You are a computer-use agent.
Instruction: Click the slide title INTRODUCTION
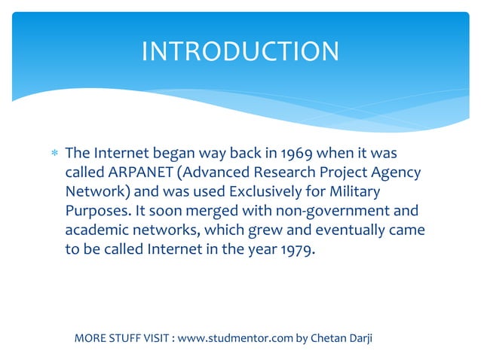click(x=240, y=51)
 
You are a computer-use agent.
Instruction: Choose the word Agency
click(x=394, y=173)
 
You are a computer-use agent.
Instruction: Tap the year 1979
click(x=296, y=249)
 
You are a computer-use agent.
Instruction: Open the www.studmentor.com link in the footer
click(x=234, y=337)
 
